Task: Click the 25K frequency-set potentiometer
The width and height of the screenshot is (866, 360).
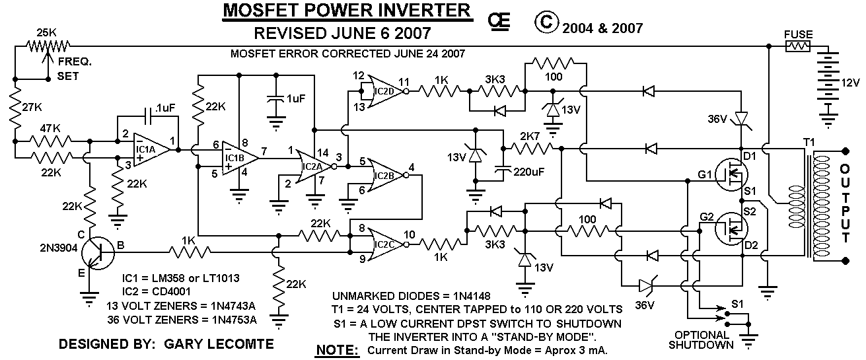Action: [47, 46]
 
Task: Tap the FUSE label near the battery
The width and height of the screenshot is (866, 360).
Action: [798, 34]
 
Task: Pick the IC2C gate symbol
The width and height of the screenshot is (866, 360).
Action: [384, 244]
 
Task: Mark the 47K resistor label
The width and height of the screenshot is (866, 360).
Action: [46, 129]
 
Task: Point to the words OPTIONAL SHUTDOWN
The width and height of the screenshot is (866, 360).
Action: [700, 340]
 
